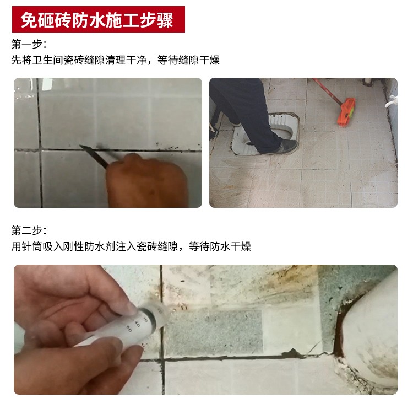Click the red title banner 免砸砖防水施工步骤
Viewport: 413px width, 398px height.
click(99, 19)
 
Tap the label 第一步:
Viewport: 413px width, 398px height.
click(29, 44)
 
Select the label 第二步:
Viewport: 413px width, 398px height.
click(29, 230)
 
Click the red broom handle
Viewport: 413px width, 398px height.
click(328, 92)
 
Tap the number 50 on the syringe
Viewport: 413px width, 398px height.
click(129, 329)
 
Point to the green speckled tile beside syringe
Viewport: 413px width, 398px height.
click(213, 334)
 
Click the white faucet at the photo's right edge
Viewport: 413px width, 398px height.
click(392, 101)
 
